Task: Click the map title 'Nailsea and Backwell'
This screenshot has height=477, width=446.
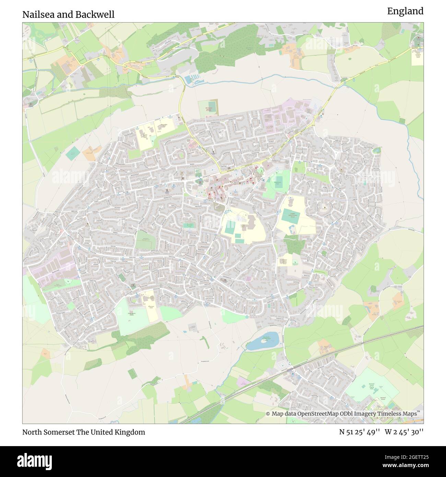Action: click(x=69, y=14)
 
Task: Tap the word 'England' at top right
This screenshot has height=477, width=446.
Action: click(x=405, y=11)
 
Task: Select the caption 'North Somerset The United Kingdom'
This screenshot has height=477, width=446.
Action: click(x=84, y=432)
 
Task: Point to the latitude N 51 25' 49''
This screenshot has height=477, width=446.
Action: click(x=359, y=432)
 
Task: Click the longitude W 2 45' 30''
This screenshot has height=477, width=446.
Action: click(x=404, y=432)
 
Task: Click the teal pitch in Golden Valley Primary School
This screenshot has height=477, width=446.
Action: click(x=291, y=217)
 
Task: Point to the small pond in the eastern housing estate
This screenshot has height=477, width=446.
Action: click(x=377, y=150)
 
